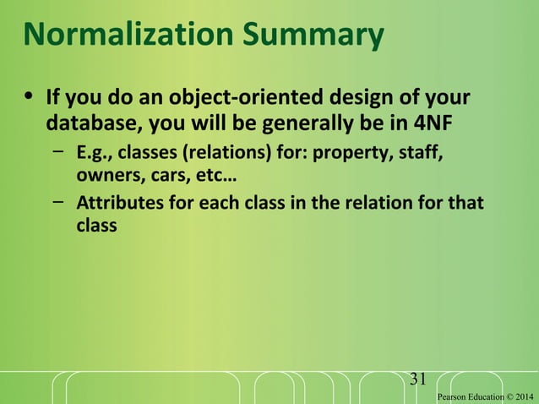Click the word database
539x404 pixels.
tap(94, 123)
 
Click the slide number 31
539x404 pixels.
tap(417, 378)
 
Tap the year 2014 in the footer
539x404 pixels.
tap(524, 396)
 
